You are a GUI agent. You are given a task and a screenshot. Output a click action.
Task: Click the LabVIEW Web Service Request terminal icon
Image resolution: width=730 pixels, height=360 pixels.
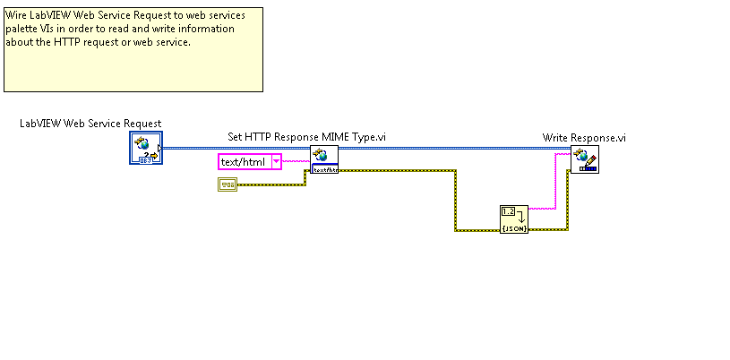click(x=144, y=149)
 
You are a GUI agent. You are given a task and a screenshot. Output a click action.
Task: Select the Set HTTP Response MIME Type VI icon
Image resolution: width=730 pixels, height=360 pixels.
click(x=323, y=159)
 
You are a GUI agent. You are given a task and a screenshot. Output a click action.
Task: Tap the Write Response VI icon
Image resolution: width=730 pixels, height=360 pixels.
click(x=585, y=159)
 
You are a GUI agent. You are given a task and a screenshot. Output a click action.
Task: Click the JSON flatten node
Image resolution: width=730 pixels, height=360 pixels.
click(x=514, y=219)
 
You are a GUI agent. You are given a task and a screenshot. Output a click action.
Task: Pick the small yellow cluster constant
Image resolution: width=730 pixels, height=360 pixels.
click(x=228, y=184)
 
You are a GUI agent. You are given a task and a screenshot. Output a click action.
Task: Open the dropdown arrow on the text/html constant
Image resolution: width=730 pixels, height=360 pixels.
click(x=277, y=162)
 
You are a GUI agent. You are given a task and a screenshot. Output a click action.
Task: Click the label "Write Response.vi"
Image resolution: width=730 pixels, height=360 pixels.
click(x=584, y=137)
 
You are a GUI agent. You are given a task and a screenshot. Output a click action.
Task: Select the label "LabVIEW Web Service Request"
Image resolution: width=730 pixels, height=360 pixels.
click(x=90, y=124)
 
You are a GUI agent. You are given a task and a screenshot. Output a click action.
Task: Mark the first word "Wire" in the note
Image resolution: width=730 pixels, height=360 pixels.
click(x=17, y=15)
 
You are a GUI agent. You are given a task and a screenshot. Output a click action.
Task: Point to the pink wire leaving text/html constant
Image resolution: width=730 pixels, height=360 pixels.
click(x=296, y=162)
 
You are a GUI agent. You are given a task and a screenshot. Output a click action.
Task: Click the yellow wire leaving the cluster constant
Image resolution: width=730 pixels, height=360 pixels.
click(x=269, y=184)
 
